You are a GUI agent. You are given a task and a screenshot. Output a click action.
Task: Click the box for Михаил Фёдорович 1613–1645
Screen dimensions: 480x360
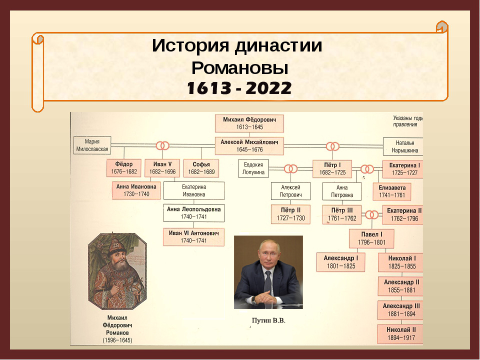(249, 123)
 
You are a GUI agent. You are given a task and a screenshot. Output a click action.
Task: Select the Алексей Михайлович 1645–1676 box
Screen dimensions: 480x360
(249, 146)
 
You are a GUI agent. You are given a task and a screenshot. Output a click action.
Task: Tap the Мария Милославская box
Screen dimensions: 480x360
(92, 145)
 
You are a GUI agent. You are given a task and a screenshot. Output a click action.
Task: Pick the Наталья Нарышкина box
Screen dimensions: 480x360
(403, 146)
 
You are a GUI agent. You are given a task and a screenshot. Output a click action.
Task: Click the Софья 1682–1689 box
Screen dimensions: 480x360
(201, 168)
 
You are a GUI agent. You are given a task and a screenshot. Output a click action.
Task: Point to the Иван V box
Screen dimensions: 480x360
(162, 168)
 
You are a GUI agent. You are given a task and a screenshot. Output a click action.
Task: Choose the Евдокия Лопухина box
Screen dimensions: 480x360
(253, 168)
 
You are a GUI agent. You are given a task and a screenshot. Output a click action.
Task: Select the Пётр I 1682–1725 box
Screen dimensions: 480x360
(332, 168)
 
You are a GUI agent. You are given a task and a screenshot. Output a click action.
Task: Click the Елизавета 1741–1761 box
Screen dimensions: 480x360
(392, 191)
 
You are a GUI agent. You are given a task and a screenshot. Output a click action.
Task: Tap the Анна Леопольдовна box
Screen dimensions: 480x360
(194, 213)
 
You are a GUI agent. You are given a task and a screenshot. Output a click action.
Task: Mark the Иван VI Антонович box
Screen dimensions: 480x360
(194, 237)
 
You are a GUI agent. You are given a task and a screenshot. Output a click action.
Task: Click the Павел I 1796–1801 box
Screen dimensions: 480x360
(371, 238)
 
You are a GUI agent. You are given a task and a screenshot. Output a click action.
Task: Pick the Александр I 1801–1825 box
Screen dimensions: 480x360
(340, 262)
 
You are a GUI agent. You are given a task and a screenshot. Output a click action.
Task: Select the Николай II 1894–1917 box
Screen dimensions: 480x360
(400, 334)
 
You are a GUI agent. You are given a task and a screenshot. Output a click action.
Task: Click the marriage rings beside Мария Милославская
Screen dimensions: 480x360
(162, 145)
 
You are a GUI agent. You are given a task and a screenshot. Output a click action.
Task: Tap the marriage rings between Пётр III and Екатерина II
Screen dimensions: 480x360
(372, 215)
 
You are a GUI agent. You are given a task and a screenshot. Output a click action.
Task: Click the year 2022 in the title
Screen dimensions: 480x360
(268, 88)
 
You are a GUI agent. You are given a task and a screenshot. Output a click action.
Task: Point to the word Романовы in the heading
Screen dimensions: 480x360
(239, 67)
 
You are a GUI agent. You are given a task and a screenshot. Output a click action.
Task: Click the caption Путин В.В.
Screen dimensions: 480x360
(268, 320)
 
